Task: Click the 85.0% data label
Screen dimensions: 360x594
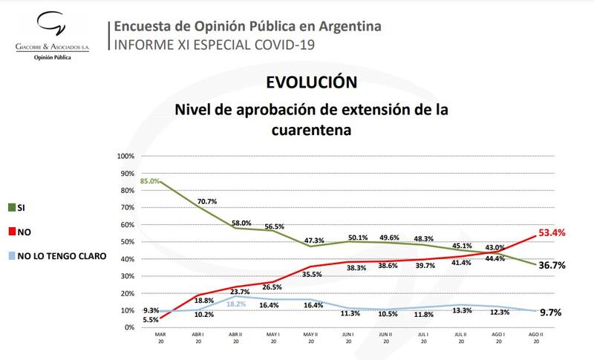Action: click(149, 180)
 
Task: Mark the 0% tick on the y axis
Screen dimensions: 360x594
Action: click(129, 327)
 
